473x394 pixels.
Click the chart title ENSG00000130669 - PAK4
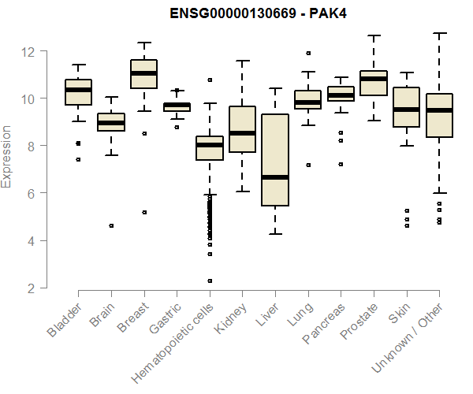tap(259, 13)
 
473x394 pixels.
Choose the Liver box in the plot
tap(274, 160)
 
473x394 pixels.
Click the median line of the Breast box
tap(143, 73)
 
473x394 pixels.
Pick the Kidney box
tap(242, 128)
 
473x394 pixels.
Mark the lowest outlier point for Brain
tap(111, 225)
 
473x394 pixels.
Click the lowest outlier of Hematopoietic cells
tap(210, 281)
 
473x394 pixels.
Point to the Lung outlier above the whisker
tap(307, 54)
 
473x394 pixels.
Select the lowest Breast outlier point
tap(143, 212)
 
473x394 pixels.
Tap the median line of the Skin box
tap(406, 110)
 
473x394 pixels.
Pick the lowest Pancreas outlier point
tap(341, 165)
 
